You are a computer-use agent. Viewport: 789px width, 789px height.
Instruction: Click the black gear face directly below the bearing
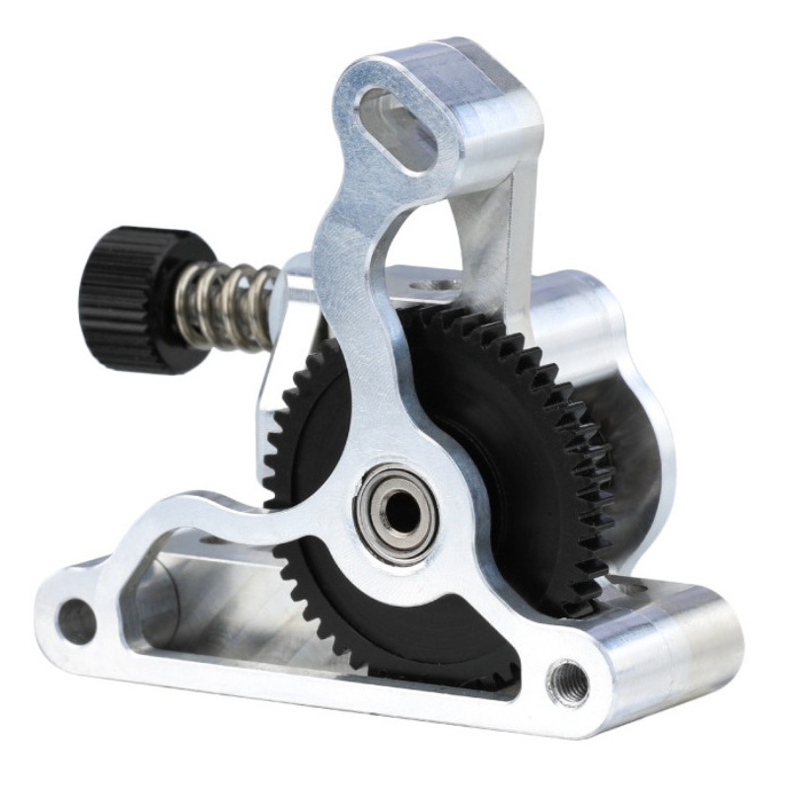point(414,631)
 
